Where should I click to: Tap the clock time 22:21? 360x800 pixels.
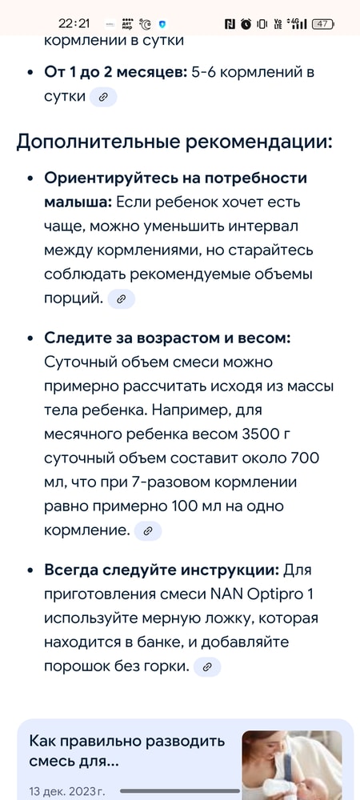(x=74, y=23)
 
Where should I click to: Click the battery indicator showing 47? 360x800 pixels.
(x=324, y=24)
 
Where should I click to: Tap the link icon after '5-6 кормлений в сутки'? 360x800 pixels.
(x=103, y=98)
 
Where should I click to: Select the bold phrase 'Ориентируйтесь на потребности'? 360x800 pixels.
(x=176, y=178)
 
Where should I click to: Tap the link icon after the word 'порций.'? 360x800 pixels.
(x=122, y=298)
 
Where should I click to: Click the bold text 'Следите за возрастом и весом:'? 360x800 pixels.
(x=167, y=338)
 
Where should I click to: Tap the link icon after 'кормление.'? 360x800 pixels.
(x=148, y=530)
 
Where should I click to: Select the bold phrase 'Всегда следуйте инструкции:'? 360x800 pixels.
(x=162, y=570)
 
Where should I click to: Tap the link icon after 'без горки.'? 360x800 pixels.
(x=207, y=666)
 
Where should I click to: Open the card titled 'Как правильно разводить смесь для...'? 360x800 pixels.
(x=128, y=750)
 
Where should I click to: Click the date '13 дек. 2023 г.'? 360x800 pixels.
(x=67, y=791)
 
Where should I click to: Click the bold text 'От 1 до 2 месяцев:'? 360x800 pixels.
(x=115, y=72)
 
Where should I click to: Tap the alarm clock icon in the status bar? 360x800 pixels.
(x=246, y=24)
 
